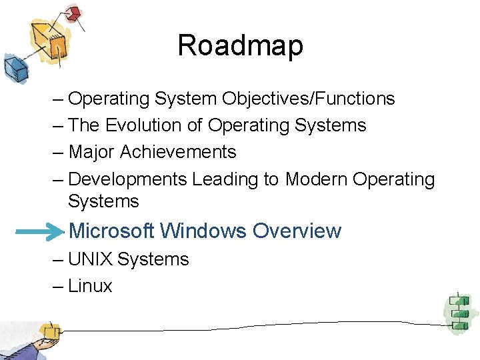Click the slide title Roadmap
tap(240, 46)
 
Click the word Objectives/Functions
tap(309, 99)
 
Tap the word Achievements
tap(178, 152)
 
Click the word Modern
tap(317, 179)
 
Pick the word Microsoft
tap(112, 231)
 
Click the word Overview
tap(297, 231)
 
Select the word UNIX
tap(90, 259)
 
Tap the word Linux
tap(90, 287)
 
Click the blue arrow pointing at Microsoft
tap(39, 231)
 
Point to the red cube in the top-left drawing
tap(73, 13)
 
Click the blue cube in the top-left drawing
tap(15, 67)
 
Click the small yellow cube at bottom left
tap(49, 331)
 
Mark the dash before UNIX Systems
tap(57, 259)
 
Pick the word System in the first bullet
tap(186, 99)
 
